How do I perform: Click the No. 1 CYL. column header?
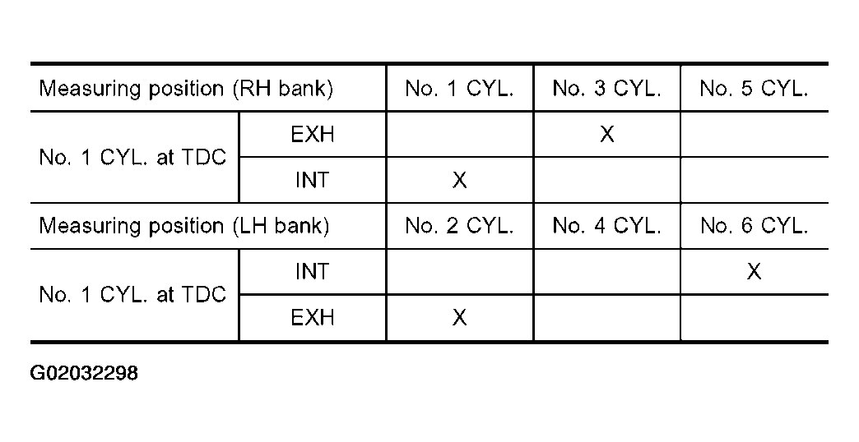click(459, 89)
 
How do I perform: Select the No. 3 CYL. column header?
click(606, 89)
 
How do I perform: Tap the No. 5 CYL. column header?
click(754, 89)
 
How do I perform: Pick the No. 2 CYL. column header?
click(459, 226)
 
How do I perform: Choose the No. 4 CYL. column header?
click(606, 226)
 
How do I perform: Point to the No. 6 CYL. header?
click(754, 226)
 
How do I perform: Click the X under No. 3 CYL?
click(606, 134)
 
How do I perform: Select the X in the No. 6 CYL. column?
click(754, 271)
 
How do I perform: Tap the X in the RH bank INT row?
click(459, 180)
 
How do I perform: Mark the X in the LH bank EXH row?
click(459, 317)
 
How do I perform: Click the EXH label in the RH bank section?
click(313, 134)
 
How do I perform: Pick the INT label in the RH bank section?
click(313, 180)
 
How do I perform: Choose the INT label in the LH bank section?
click(313, 271)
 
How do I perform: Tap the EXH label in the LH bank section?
click(313, 317)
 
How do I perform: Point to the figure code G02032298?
click(84, 374)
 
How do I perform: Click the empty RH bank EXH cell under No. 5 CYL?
click(754, 134)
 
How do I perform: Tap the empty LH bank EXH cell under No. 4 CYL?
click(606, 317)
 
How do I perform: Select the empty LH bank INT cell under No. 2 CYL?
click(459, 271)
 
